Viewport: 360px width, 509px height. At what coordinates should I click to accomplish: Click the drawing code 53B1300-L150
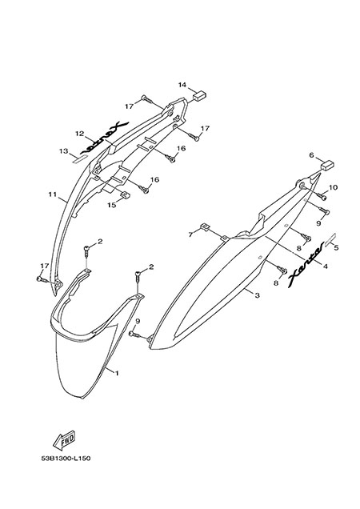tap(66, 458)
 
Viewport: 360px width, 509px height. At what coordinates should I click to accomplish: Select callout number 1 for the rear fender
tap(117, 373)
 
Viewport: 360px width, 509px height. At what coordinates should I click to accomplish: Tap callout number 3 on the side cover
tap(257, 295)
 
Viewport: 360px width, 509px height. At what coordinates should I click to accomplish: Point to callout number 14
tap(182, 85)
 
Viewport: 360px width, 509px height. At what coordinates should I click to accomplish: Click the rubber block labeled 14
tap(200, 95)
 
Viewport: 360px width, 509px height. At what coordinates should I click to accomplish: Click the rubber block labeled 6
tap(327, 166)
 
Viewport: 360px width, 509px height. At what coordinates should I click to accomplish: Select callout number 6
tap(311, 155)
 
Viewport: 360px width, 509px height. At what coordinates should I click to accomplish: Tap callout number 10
tap(334, 187)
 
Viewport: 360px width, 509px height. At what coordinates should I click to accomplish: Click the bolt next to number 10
tap(322, 196)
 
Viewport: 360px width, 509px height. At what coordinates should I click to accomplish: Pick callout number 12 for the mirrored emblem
tap(80, 134)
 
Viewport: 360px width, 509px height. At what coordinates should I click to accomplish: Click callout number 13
tap(64, 151)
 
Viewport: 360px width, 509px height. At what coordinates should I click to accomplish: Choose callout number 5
tap(336, 247)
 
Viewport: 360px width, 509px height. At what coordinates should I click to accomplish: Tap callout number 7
tap(191, 234)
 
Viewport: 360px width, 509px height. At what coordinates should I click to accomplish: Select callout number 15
tap(112, 205)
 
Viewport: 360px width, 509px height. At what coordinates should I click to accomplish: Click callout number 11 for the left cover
tap(52, 194)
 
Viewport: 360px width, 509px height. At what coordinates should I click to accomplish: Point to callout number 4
tap(326, 267)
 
